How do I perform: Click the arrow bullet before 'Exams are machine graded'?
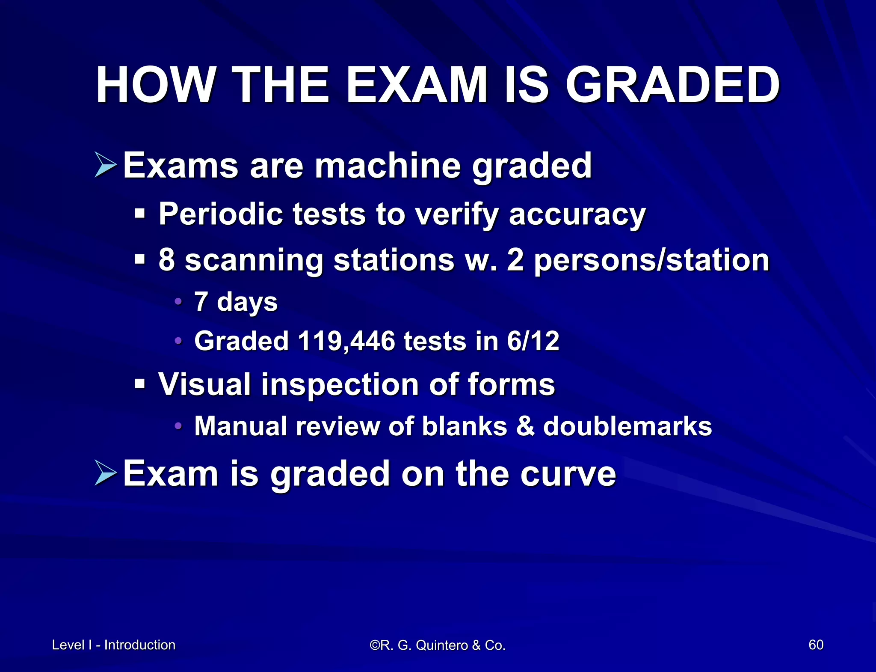[105, 165]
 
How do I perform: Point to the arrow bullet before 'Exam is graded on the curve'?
[105, 473]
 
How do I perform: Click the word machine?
[388, 166]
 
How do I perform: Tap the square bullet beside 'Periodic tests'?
[139, 213]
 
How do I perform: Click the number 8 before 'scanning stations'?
[167, 260]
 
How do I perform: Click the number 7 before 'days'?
[201, 301]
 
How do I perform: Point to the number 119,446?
[346, 341]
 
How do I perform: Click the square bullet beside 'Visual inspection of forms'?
[139, 383]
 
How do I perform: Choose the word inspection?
[340, 384]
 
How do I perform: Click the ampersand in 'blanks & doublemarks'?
[525, 426]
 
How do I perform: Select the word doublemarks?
[627, 426]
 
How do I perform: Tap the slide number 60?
[816, 645]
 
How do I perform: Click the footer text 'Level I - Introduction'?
[114, 645]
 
